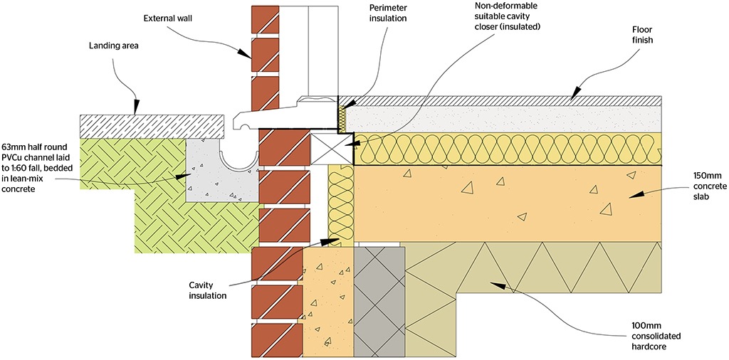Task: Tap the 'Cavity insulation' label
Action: coord(208,290)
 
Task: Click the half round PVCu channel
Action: coord(239,160)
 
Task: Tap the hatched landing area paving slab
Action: coord(155,125)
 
